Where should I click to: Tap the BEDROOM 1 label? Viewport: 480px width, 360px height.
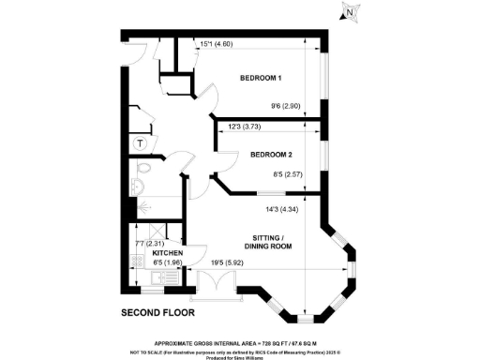click(261, 77)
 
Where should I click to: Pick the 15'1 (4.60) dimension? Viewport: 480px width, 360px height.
click(217, 43)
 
